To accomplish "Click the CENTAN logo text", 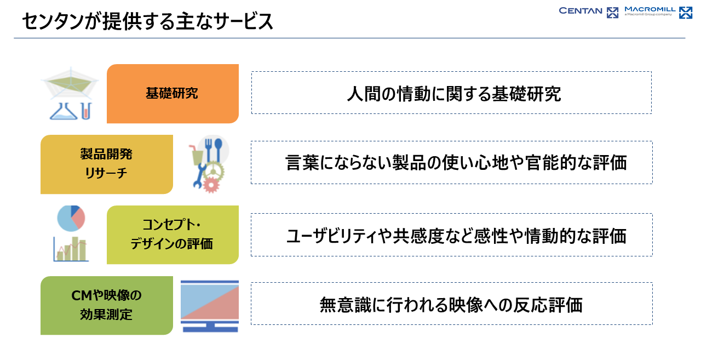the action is [580, 11].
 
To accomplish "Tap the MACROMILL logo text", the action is [650, 9].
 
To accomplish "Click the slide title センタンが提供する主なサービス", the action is [148, 21].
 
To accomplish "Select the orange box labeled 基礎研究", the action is [173, 94].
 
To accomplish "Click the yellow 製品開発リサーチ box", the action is [107, 164].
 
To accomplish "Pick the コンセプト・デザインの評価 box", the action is [173, 235].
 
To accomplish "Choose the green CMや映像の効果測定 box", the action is [107, 306].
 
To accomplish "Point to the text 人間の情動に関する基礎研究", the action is [454, 94].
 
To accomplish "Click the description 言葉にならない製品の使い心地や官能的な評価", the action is [456, 163].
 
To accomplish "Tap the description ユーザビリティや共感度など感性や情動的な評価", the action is [456, 236].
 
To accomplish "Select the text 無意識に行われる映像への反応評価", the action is [451, 305].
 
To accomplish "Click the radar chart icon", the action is [71, 82].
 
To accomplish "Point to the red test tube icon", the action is [87, 111].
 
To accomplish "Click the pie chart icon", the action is [71, 219].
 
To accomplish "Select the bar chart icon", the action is [71, 249].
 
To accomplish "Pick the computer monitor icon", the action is [210, 306].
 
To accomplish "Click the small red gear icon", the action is [211, 185].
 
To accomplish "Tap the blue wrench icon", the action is [199, 176].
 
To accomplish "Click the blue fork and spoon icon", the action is [214, 150].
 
